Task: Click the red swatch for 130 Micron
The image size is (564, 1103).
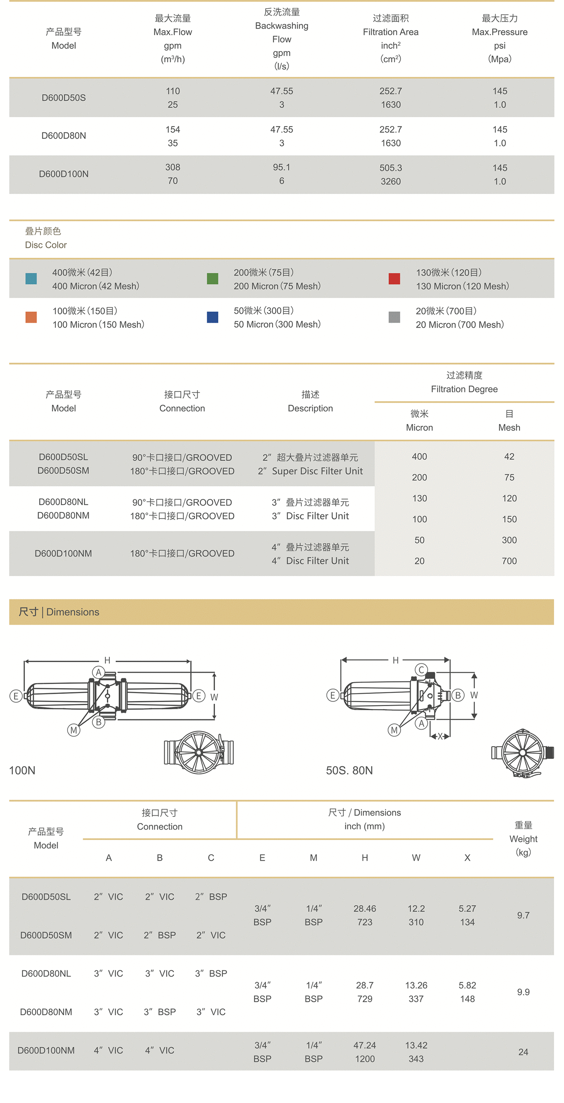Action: coord(394,279)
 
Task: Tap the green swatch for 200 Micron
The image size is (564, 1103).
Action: coord(212,279)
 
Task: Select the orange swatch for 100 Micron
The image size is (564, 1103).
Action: coord(31,317)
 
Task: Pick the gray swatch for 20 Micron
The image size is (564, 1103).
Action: coord(394,317)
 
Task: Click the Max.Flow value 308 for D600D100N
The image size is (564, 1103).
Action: coord(173,168)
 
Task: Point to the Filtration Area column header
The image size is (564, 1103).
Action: coord(391,32)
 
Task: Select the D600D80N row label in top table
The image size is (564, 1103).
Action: coord(64,136)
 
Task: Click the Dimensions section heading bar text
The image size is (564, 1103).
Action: coord(59,612)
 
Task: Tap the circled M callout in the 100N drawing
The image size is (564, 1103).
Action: coord(74,730)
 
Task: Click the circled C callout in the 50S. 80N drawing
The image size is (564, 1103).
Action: coord(421,670)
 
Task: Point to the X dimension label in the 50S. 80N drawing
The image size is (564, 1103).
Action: coord(440,737)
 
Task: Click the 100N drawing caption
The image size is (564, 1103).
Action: coord(22,770)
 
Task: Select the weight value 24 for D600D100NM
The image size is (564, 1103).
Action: coord(523,1052)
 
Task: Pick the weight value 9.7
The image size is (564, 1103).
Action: coord(523,916)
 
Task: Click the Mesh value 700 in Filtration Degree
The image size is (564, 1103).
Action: coord(509,561)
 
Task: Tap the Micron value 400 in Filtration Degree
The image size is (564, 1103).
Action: coord(419,456)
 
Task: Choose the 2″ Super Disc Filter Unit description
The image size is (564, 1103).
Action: coord(310,471)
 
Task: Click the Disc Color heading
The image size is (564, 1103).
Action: coord(46,245)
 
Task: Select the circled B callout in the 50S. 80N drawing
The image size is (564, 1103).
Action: coord(458,695)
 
